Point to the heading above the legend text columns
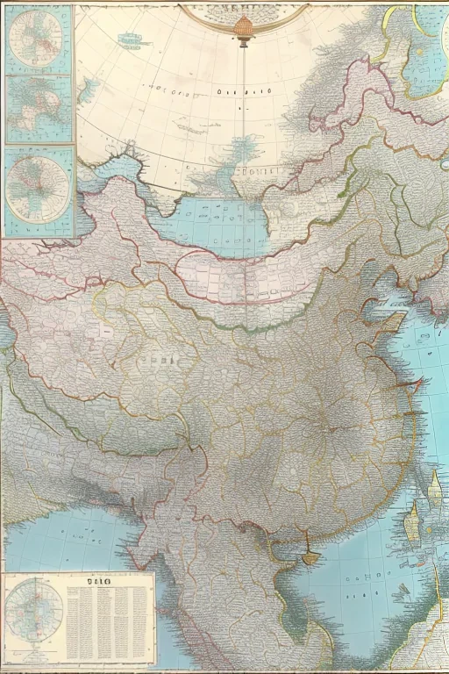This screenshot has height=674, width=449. (x=91, y=580)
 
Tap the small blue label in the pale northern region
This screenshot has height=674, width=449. (x=132, y=39)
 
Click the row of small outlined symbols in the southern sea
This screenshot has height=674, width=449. (x=360, y=584)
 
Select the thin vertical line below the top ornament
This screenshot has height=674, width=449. (x=244, y=88)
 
